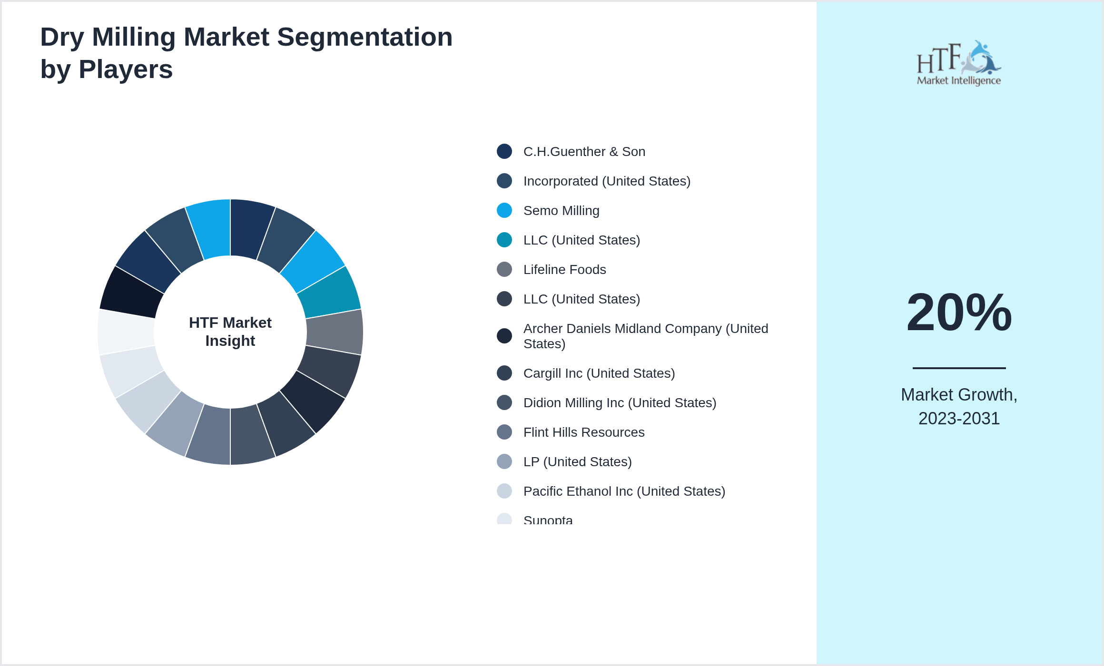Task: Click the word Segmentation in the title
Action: click(x=365, y=37)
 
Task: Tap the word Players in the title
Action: click(x=126, y=69)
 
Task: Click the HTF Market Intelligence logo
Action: click(x=959, y=63)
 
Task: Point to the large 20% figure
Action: click(x=959, y=313)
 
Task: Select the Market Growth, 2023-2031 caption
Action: click(x=959, y=406)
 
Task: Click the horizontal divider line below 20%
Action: click(x=959, y=368)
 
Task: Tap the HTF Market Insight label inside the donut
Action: click(x=230, y=332)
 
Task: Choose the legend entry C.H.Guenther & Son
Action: click(x=584, y=152)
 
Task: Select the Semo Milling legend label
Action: click(x=561, y=211)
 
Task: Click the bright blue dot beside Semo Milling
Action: click(x=504, y=210)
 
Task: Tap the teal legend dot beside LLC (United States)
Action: click(x=504, y=240)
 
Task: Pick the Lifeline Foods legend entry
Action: click(x=564, y=270)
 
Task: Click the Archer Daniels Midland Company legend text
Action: click(x=645, y=336)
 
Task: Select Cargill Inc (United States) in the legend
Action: click(x=599, y=373)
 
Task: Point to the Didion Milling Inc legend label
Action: click(x=620, y=403)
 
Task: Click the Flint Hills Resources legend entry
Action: click(x=584, y=432)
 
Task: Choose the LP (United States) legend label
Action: click(x=577, y=462)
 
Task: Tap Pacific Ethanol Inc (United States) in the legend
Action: click(x=624, y=491)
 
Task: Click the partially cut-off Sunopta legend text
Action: click(x=548, y=520)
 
